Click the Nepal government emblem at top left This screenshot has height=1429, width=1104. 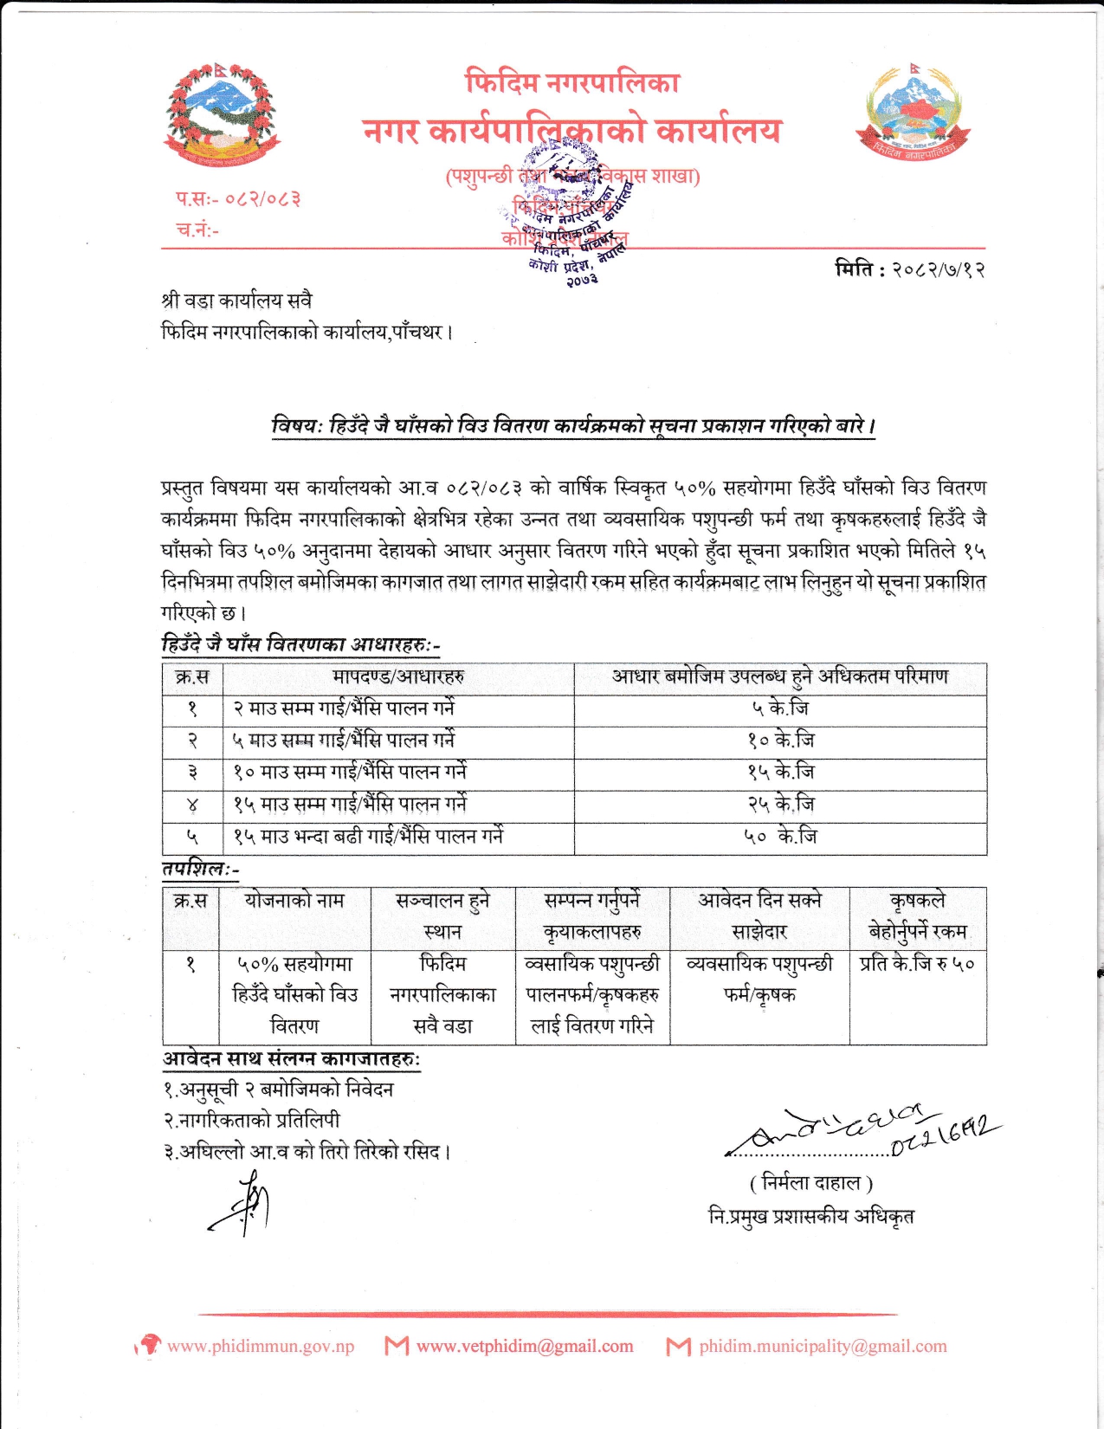coord(221,114)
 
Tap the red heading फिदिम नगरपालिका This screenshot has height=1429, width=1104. coord(572,82)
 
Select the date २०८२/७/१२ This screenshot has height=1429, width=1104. coord(938,269)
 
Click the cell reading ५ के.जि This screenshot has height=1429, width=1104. coord(780,708)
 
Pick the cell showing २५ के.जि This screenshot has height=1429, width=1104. coord(780,805)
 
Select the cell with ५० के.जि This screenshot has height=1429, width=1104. coord(780,837)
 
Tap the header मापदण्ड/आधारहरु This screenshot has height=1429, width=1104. coord(398,676)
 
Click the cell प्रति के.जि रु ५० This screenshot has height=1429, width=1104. coord(917,963)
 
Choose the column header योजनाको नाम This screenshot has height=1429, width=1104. coord(294,901)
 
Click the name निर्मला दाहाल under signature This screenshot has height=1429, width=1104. coord(810,1182)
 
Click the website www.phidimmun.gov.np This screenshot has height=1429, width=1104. coord(260,1346)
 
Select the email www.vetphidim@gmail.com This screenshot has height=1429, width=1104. coord(525,1346)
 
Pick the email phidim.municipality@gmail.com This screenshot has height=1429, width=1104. coord(823,1346)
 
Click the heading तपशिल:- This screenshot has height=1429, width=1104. coord(200,869)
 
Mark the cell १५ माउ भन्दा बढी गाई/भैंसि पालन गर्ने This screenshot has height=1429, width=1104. coord(368,837)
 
